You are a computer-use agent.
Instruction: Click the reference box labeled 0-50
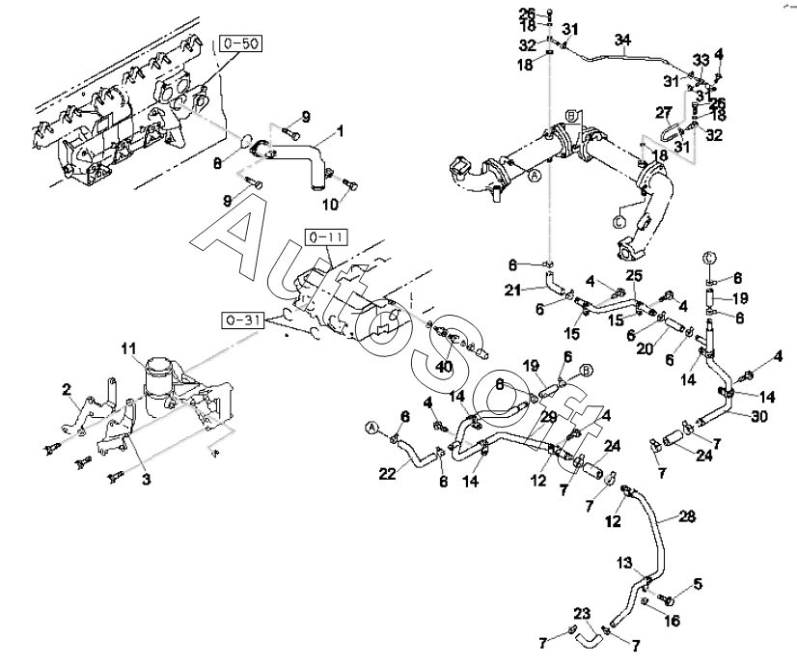(239, 44)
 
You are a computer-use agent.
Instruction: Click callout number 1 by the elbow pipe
(339, 130)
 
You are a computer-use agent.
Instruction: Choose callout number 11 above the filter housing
(128, 347)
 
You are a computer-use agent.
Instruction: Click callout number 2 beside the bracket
(67, 389)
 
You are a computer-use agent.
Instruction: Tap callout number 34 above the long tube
(622, 40)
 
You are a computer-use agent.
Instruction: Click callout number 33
(701, 60)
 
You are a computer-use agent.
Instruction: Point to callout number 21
(514, 289)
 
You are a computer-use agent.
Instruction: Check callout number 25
(632, 276)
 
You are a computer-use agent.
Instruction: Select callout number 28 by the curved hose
(686, 517)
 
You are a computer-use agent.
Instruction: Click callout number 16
(673, 621)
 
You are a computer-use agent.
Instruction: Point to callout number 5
(698, 583)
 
